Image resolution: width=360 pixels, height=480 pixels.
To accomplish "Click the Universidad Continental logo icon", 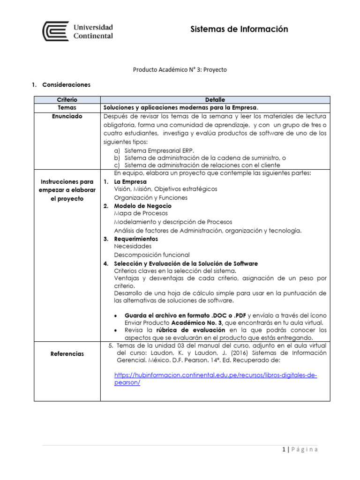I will pyautogui.click(x=55, y=31).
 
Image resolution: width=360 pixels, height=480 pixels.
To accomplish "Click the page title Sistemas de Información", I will pyautogui.click(x=239, y=30).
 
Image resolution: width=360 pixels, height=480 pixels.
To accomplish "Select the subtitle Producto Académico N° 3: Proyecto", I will pyautogui.click(x=180, y=69).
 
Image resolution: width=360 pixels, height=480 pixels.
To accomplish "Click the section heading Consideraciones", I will pyautogui.click(x=66, y=85).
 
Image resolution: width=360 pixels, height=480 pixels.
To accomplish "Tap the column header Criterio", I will pyautogui.click(x=67, y=100).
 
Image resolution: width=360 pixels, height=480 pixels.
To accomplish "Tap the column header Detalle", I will pyautogui.click(x=215, y=100).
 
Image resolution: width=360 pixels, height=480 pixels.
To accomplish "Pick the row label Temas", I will pyautogui.click(x=67, y=107).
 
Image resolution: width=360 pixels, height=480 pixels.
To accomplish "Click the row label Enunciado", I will pyautogui.click(x=67, y=116).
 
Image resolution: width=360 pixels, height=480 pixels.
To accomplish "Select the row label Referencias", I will pyautogui.click(x=67, y=353).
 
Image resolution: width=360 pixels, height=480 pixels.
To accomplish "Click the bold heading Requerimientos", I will pyautogui.click(x=136, y=239).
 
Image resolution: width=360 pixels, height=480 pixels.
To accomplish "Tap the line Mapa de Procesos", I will pyautogui.click(x=141, y=213).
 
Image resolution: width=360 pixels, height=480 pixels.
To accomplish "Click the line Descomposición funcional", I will pyautogui.click(x=152, y=255).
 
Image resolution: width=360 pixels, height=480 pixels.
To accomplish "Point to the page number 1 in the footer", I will pyautogui.click(x=285, y=450).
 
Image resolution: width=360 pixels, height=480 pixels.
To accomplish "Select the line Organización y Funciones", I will pyautogui.click(x=150, y=197).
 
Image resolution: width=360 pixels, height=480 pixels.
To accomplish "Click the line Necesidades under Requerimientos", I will pyautogui.click(x=133, y=246).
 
